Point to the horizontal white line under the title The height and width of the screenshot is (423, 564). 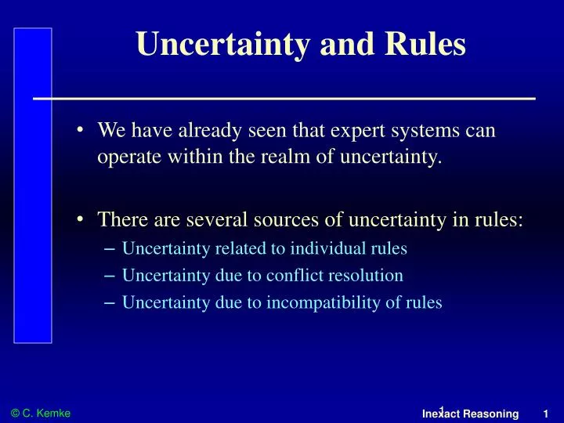click(284, 99)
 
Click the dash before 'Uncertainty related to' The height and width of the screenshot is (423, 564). click(110, 248)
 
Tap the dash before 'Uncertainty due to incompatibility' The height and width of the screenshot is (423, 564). click(110, 302)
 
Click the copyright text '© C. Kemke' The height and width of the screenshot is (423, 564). click(41, 412)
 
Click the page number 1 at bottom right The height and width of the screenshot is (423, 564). click(545, 413)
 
